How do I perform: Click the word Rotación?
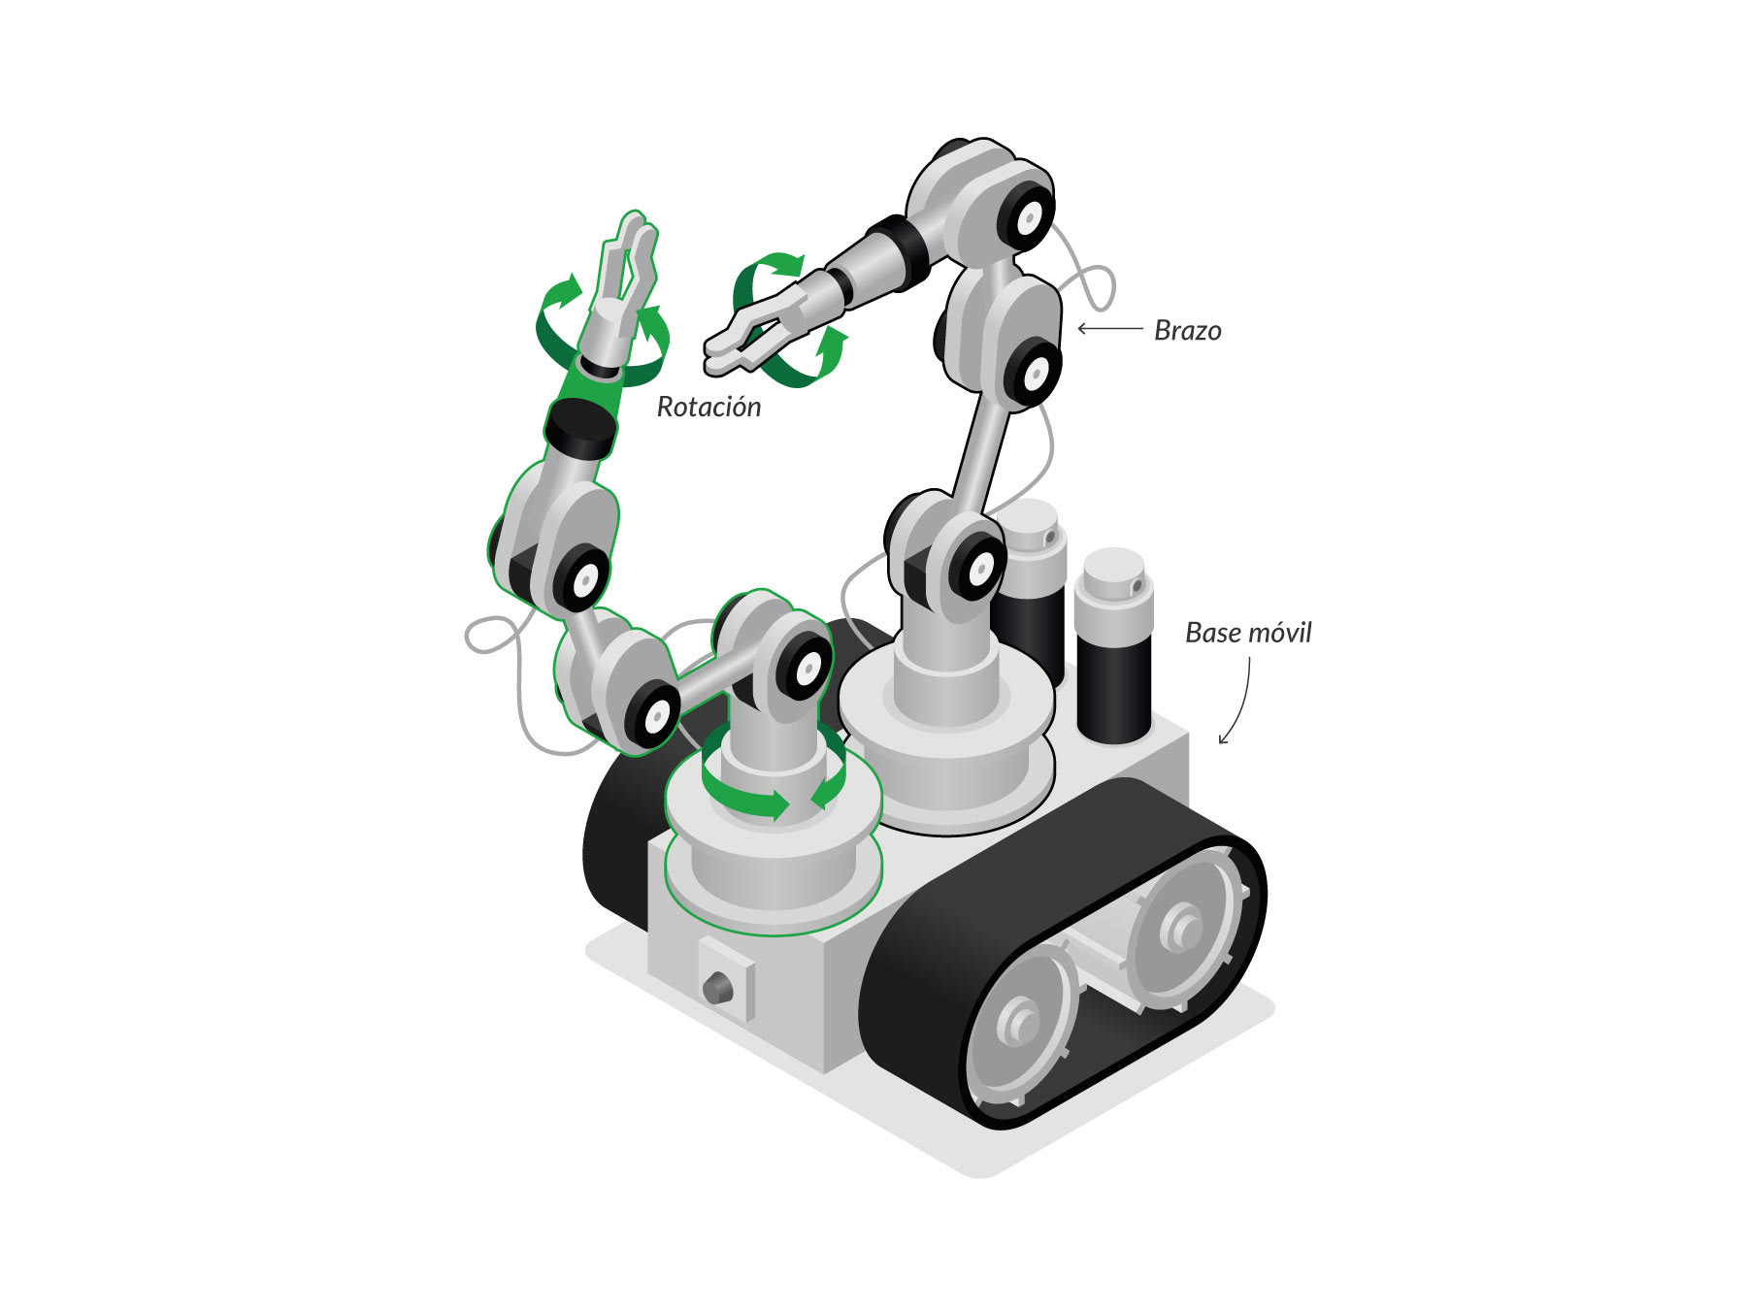tap(709, 407)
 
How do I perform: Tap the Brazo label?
tap(1187, 331)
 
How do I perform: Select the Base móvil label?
tap(1248, 633)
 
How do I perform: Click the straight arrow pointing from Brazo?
tap(1110, 329)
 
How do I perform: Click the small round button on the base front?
tap(718, 989)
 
